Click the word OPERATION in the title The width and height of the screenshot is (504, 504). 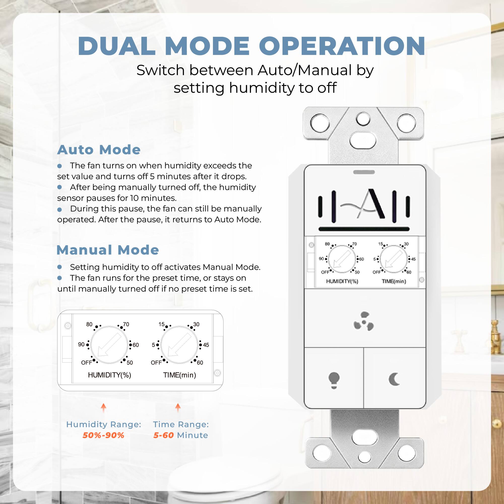[342, 46]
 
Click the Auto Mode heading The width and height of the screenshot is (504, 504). [99, 150]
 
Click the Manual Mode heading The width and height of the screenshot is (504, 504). [108, 250]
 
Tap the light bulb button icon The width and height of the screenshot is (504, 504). [334, 380]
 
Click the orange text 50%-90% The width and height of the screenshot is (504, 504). [104, 435]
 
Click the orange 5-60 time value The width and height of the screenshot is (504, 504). [163, 435]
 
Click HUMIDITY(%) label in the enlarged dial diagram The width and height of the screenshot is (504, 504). [110, 375]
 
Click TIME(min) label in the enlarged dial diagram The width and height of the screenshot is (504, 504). [179, 375]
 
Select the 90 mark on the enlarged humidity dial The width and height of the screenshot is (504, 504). [81, 344]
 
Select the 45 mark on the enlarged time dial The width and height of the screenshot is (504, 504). [206, 345]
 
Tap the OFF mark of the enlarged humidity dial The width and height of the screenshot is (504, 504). [86, 363]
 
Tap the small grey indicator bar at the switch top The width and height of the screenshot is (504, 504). [364, 172]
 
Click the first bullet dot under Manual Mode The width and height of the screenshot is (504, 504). [59, 267]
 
